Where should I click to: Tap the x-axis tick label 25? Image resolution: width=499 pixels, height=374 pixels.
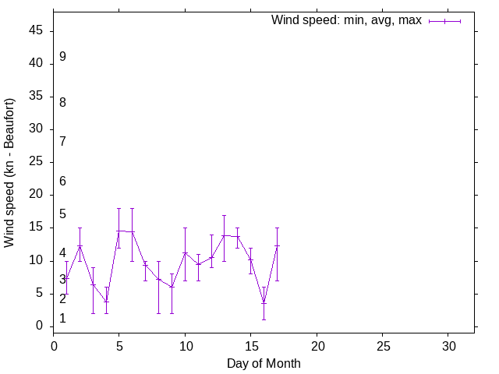383,345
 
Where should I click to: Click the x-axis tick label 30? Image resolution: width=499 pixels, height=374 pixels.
448,345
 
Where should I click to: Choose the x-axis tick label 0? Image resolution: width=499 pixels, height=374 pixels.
54,345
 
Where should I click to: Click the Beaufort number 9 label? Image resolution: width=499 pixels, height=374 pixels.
62,57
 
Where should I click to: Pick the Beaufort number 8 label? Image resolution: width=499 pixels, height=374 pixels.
62,103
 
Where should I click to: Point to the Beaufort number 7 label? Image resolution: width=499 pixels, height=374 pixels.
62,141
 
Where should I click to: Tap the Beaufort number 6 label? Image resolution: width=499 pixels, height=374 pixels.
62,182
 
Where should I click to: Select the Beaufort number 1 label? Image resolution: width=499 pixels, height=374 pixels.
62,319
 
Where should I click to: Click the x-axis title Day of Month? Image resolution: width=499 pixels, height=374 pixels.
264,363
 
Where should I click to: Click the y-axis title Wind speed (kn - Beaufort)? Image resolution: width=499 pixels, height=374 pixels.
10,173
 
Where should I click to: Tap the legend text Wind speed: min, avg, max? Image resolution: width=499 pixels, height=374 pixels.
346,20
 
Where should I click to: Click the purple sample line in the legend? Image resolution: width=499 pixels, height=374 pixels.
444,21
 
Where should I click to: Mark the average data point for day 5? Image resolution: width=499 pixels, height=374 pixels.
119,231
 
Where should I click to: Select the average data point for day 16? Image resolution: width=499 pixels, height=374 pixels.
264,302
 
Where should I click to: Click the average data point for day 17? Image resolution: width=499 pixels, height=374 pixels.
277,246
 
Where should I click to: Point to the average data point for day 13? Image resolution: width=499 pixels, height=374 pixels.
225,235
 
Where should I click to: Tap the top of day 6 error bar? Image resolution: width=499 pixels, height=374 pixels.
133,208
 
